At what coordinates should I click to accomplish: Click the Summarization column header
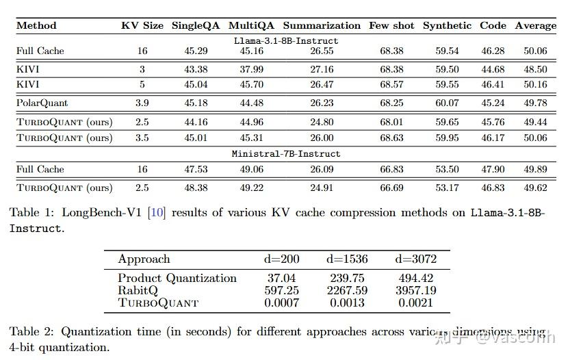[x=322, y=25]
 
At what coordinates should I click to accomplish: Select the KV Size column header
[x=142, y=25]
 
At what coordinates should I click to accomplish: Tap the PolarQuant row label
[x=42, y=103]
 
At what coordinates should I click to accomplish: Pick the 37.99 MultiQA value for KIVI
[x=252, y=69]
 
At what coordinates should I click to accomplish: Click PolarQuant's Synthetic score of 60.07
[x=447, y=103]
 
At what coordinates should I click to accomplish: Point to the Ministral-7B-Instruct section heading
[x=286, y=154]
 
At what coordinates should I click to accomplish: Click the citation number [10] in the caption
[x=157, y=212]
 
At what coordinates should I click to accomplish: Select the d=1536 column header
[x=347, y=259]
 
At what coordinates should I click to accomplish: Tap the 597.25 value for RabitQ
[x=282, y=290]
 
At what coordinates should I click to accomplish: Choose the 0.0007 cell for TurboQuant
[x=282, y=303]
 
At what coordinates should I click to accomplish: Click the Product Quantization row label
[x=177, y=278]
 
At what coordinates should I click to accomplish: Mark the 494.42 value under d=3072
[x=416, y=278]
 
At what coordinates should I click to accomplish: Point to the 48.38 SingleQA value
[x=196, y=188]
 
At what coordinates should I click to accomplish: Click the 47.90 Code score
[x=493, y=169]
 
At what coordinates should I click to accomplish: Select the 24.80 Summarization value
[x=322, y=122]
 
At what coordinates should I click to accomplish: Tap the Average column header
[x=536, y=25]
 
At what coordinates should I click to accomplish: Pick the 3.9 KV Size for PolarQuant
[x=142, y=103]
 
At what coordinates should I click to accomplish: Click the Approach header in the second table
[x=144, y=259]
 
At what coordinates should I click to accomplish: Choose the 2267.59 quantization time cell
[x=347, y=290]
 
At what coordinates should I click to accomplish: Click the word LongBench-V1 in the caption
[x=101, y=212]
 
